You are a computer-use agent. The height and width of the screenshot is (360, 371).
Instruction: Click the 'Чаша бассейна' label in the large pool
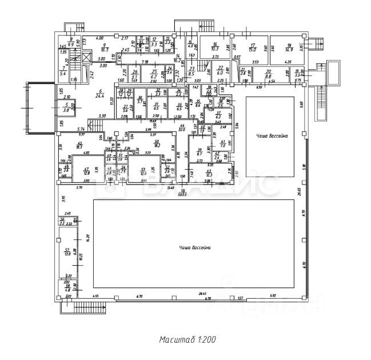point(195,247)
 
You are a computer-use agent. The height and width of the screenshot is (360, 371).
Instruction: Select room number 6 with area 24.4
point(100,94)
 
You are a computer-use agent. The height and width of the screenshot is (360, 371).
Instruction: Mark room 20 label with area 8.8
point(268,74)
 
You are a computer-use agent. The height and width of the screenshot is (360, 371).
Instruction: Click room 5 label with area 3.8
point(66,107)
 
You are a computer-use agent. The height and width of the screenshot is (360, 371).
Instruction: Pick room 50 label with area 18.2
point(156,143)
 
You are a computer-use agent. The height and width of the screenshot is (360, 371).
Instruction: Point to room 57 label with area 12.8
point(67,251)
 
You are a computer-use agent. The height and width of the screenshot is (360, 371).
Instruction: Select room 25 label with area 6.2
point(154,74)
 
